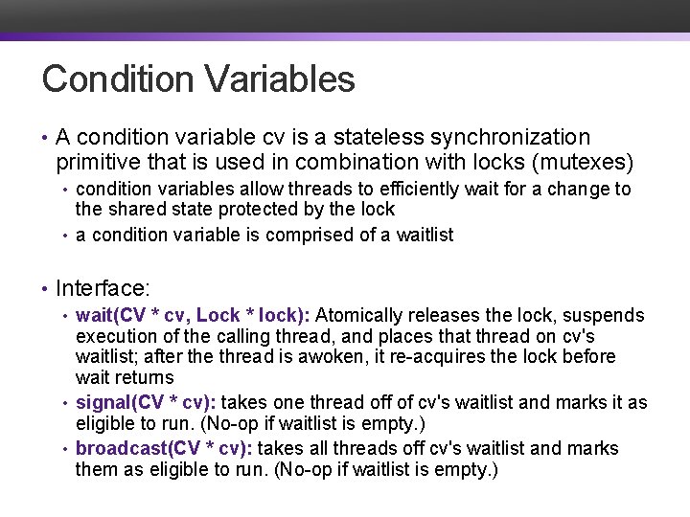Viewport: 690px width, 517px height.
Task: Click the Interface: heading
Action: point(102,287)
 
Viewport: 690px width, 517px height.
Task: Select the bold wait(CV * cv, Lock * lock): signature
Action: point(193,315)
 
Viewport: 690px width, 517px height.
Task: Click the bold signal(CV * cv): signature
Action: point(161,402)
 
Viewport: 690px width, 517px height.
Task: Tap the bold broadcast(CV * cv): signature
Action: point(165,448)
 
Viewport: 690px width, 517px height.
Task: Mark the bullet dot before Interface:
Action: point(45,288)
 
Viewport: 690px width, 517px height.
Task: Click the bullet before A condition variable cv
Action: point(45,139)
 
